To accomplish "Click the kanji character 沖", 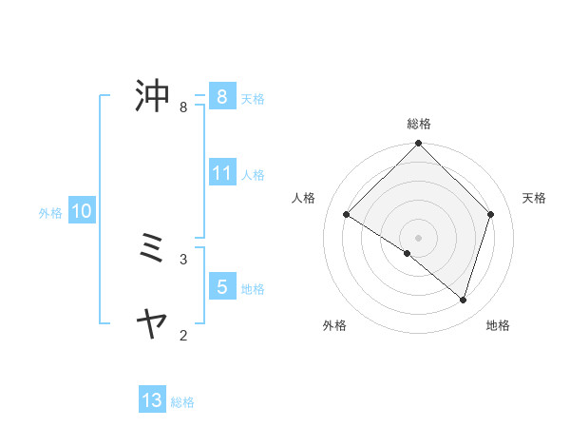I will [x=153, y=96].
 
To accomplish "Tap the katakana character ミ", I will [x=153, y=249].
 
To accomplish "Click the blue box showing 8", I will [x=221, y=96].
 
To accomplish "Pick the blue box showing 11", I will [x=221, y=173].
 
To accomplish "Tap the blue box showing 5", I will [x=221, y=286].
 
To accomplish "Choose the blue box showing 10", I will [x=81, y=211].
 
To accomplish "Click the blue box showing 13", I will [x=152, y=400].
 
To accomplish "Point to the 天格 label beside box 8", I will [x=253, y=98].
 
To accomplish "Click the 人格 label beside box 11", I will [x=253, y=175].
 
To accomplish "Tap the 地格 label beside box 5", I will [x=253, y=288].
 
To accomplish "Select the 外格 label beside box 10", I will [x=50, y=213].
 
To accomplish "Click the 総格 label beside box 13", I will [x=182, y=402].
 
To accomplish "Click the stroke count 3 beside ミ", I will [x=183, y=259].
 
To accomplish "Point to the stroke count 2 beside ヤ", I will [x=183, y=335].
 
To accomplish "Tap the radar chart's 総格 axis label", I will [x=418, y=124].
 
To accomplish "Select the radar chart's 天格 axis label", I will [x=534, y=198].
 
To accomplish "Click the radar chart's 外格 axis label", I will [x=334, y=325].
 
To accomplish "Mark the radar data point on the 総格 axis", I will [x=418, y=145].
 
